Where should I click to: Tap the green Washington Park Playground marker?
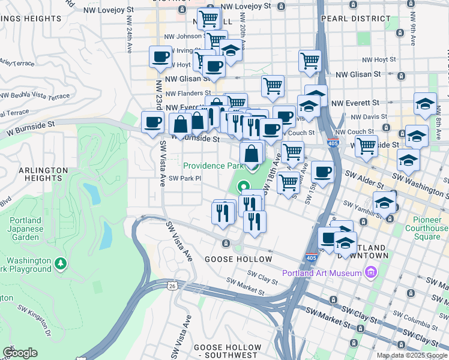60,263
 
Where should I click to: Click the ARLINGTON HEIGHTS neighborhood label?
43,175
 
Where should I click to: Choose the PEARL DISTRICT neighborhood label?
347,19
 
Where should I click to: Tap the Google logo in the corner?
20,353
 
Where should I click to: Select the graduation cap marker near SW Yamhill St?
384,203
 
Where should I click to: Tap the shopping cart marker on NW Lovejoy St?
208,18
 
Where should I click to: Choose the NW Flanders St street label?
186,94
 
